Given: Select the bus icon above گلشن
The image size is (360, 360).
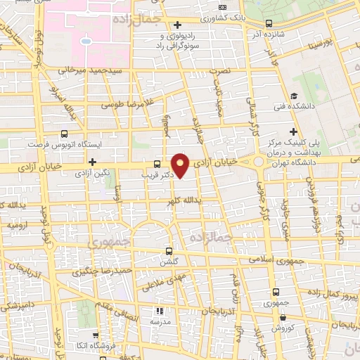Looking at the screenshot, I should click(168, 250).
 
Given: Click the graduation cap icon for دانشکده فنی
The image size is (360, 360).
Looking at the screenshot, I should click(293, 97).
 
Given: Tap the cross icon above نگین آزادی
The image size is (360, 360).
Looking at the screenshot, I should click(92, 162).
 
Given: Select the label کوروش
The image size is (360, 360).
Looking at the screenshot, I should click(282, 328).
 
